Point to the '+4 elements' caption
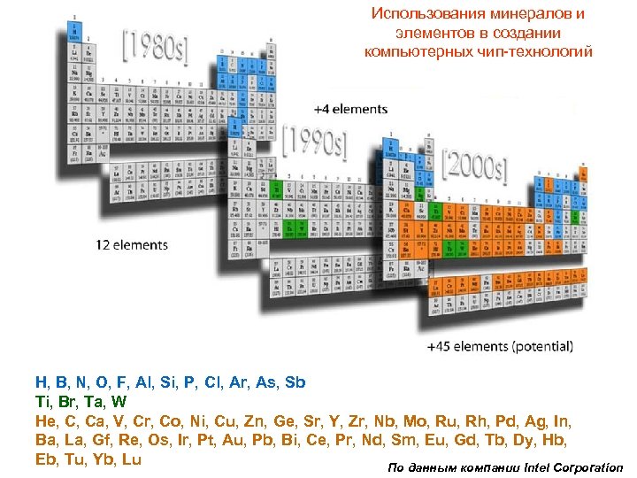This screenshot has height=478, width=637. tap(350, 109)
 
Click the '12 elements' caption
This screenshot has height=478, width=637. tap(132, 244)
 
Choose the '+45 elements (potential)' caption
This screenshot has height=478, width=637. tap(500, 346)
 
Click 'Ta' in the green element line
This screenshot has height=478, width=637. tap(95, 402)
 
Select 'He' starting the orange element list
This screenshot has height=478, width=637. tap(45, 421)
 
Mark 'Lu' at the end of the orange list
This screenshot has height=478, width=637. tap(131, 459)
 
